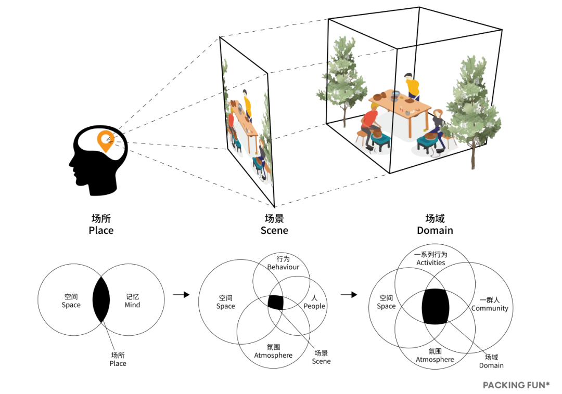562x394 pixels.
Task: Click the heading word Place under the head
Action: (x=101, y=230)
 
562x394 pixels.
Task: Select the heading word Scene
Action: (x=274, y=230)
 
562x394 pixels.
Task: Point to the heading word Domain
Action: (x=435, y=230)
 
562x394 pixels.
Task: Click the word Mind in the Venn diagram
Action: (x=132, y=305)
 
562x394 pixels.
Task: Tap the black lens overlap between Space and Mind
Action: (x=101, y=300)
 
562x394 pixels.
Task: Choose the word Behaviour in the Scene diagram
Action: (x=283, y=267)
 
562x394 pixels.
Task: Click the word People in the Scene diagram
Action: (x=314, y=306)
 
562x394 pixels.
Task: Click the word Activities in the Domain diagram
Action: (x=431, y=262)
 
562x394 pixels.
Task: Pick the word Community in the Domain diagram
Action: (x=490, y=308)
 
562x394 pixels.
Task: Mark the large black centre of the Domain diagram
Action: (x=435, y=306)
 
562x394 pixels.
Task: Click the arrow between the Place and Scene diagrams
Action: (x=181, y=295)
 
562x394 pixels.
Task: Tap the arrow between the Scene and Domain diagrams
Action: (x=349, y=295)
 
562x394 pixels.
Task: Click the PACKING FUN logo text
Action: (x=516, y=385)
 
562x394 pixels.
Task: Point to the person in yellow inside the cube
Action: (x=413, y=87)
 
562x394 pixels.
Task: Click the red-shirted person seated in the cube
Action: (x=371, y=122)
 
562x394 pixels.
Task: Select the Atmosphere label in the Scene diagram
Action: (x=273, y=356)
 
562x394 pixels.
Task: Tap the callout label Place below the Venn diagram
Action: (x=118, y=363)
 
